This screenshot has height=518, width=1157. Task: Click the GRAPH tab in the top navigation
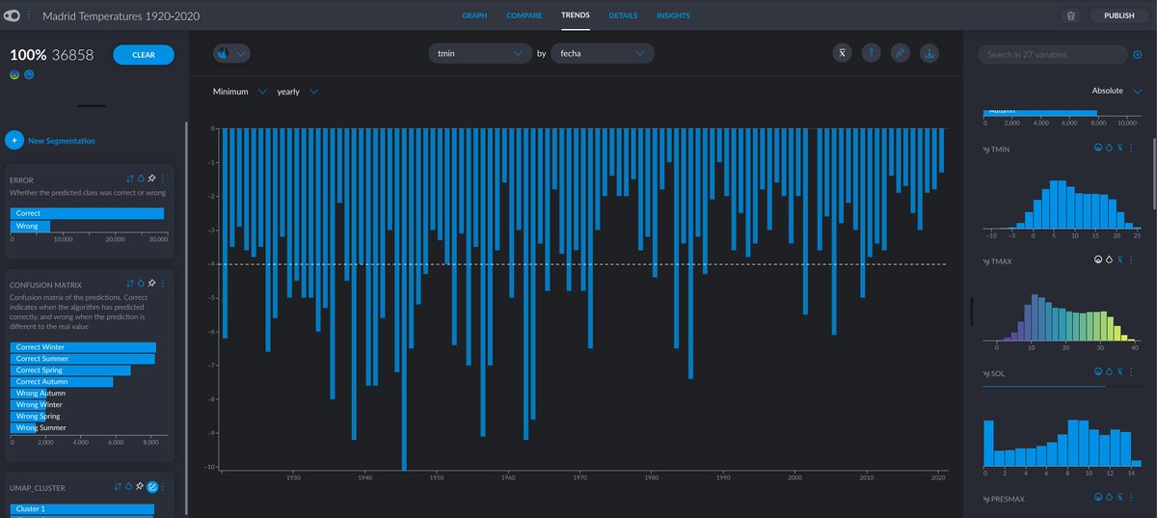coord(474,15)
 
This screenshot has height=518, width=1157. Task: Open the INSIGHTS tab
coord(673,15)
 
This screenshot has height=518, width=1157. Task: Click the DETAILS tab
coord(623,15)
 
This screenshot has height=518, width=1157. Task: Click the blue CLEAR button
coord(143,55)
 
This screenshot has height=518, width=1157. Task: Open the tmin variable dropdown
coord(478,54)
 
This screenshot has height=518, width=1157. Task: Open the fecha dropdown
coord(603,54)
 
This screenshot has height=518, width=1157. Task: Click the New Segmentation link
coord(61,141)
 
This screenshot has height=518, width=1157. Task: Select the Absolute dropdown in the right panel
coord(1117,91)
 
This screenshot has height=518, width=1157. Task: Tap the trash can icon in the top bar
coord(1070,15)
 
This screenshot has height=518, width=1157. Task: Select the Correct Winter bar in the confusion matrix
coord(82,346)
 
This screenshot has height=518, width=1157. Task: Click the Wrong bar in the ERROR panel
coord(29,226)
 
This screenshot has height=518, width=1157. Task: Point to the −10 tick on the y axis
coord(212,467)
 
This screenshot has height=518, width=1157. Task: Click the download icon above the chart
coord(929,54)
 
